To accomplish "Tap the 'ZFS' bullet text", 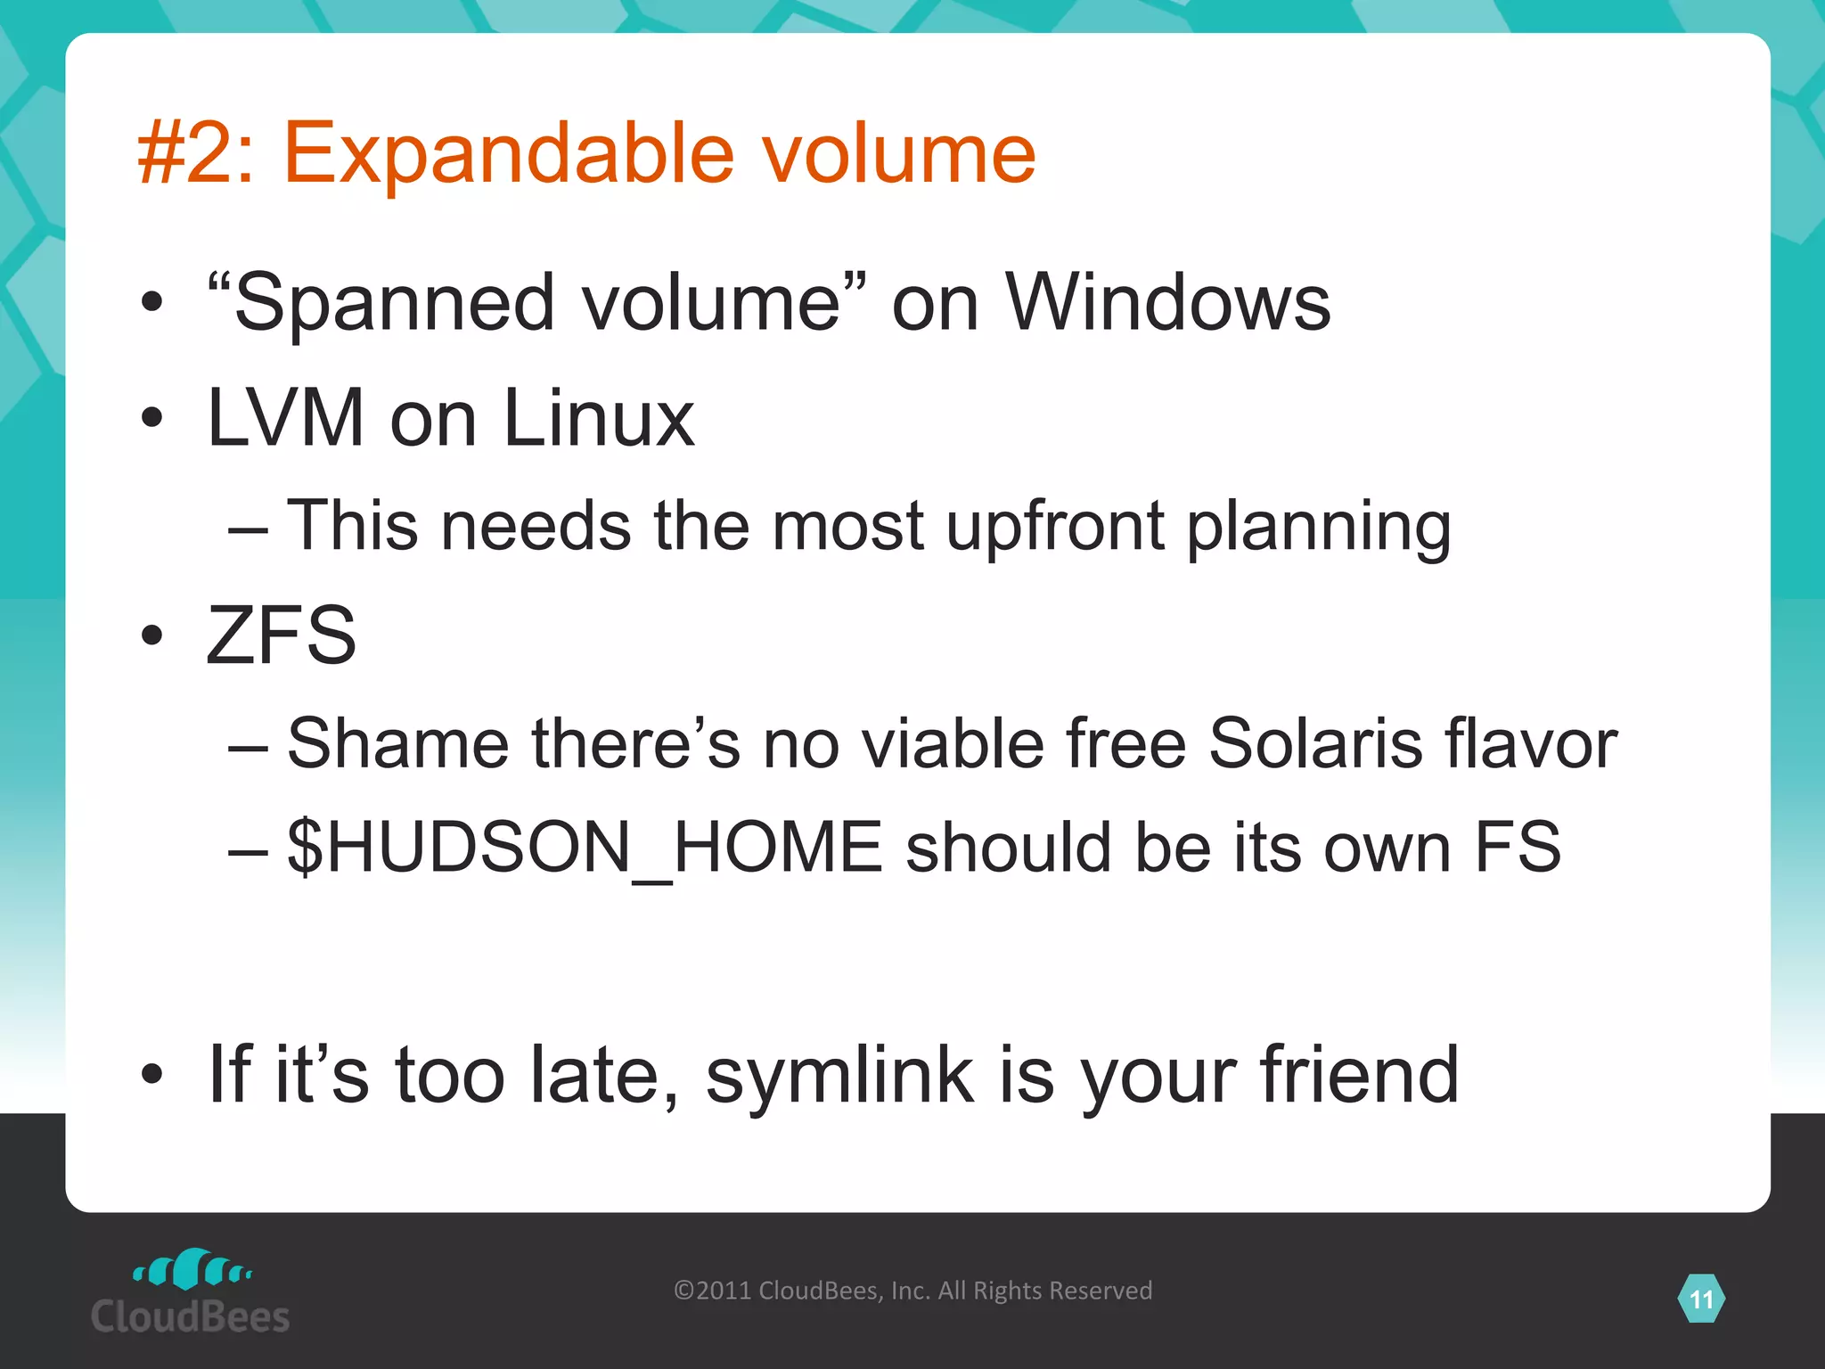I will [x=281, y=635].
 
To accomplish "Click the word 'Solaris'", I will [x=1315, y=743].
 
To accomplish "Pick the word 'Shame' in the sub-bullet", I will [x=398, y=743].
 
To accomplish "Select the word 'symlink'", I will [x=839, y=1075].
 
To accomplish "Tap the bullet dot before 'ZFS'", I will [x=152, y=635].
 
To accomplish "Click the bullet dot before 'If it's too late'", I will [x=152, y=1075].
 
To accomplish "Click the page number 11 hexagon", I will [x=1701, y=1299].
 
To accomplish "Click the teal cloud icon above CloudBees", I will [x=192, y=1269].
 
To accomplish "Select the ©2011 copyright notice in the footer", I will [x=912, y=1291].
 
